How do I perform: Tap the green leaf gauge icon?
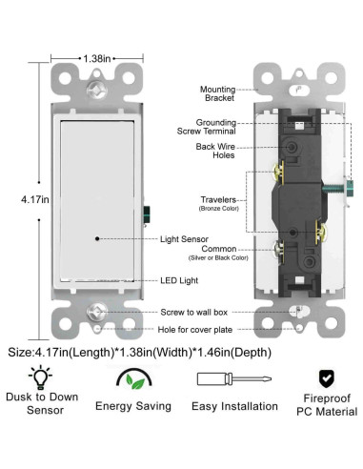tap(133, 380)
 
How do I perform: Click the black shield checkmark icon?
tap(325, 377)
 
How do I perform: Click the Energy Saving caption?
tap(133, 406)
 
